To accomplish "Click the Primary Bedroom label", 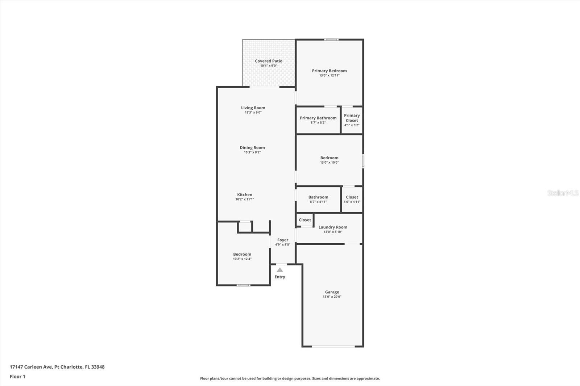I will [x=329, y=71].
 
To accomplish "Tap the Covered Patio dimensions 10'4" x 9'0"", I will [x=269, y=66].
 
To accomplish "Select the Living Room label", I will [x=253, y=108].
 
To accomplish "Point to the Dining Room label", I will [x=252, y=147].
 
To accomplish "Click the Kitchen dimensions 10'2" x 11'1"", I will [x=245, y=199].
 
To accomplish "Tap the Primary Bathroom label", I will [x=318, y=118].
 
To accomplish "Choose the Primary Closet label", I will [x=352, y=118].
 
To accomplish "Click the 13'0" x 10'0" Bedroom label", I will [x=329, y=158].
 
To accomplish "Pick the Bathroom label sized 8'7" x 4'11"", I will [x=318, y=197].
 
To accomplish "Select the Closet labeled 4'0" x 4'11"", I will [x=352, y=197].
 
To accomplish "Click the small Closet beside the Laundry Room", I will [x=305, y=220].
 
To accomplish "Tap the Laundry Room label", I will [x=333, y=227].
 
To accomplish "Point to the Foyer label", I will [x=283, y=240].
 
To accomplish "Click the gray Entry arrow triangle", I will [x=280, y=270].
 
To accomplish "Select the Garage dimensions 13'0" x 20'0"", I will [x=332, y=297].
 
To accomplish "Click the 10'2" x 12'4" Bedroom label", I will [x=242, y=254].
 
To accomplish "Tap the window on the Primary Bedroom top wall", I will [x=331, y=39].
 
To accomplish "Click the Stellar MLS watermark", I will [x=563, y=193].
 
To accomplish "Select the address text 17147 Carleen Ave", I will [x=31, y=367].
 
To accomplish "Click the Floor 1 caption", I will [x=17, y=377].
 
